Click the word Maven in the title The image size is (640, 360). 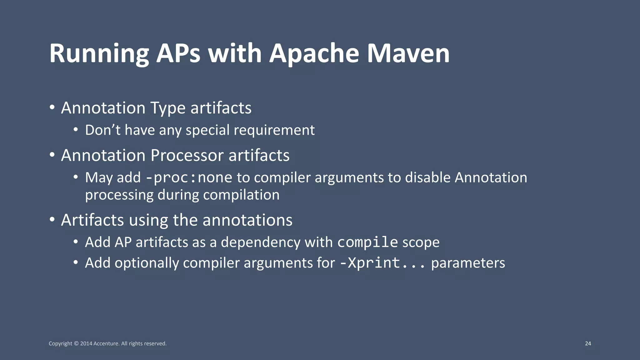408,53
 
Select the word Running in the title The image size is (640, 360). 99,53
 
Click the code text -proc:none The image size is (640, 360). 189,178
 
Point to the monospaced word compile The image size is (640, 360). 367,242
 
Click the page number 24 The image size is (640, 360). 588,343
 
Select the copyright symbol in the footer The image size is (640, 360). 76,343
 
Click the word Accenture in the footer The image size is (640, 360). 106,343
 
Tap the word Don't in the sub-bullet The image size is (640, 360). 102,130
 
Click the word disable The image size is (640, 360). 427,177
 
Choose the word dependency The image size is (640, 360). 261,242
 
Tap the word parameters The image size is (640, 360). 468,263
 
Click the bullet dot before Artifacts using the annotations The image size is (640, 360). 52,219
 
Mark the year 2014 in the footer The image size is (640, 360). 86,343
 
